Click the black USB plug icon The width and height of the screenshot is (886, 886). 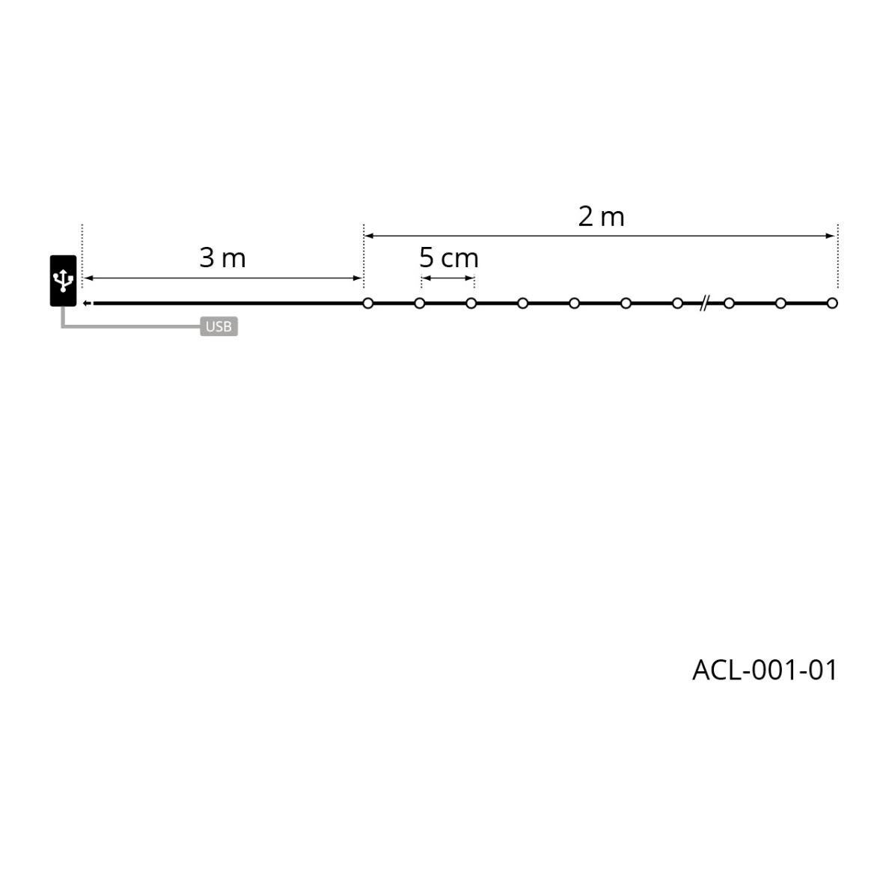click(64, 281)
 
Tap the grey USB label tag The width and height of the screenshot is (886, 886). click(219, 326)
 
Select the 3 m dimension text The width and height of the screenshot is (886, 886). click(223, 258)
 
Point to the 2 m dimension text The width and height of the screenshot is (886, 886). click(601, 217)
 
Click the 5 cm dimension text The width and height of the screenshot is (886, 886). click(449, 258)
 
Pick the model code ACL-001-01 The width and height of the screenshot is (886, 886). click(764, 670)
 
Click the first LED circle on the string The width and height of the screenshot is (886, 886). click(368, 303)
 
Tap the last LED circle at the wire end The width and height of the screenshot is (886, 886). click(832, 303)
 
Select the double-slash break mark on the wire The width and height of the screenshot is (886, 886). click(703, 303)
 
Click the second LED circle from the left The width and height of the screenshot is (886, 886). click(419, 303)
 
